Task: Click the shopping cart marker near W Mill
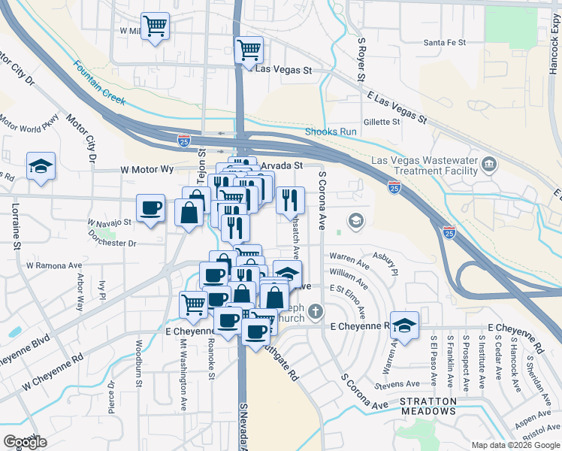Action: pos(155,27)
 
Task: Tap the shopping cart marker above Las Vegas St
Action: pos(249,50)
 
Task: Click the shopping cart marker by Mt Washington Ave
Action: pos(193,304)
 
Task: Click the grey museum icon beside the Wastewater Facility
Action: pos(489,164)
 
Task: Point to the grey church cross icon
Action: pos(316,310)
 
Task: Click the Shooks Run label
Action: pos(331,132)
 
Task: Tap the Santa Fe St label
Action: pos(446,43)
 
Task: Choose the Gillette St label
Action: pos(382,122)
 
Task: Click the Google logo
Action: pos(25,442)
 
